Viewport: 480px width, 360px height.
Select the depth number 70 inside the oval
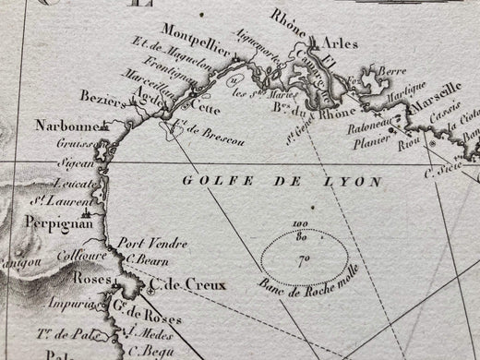tap(301, 260)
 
